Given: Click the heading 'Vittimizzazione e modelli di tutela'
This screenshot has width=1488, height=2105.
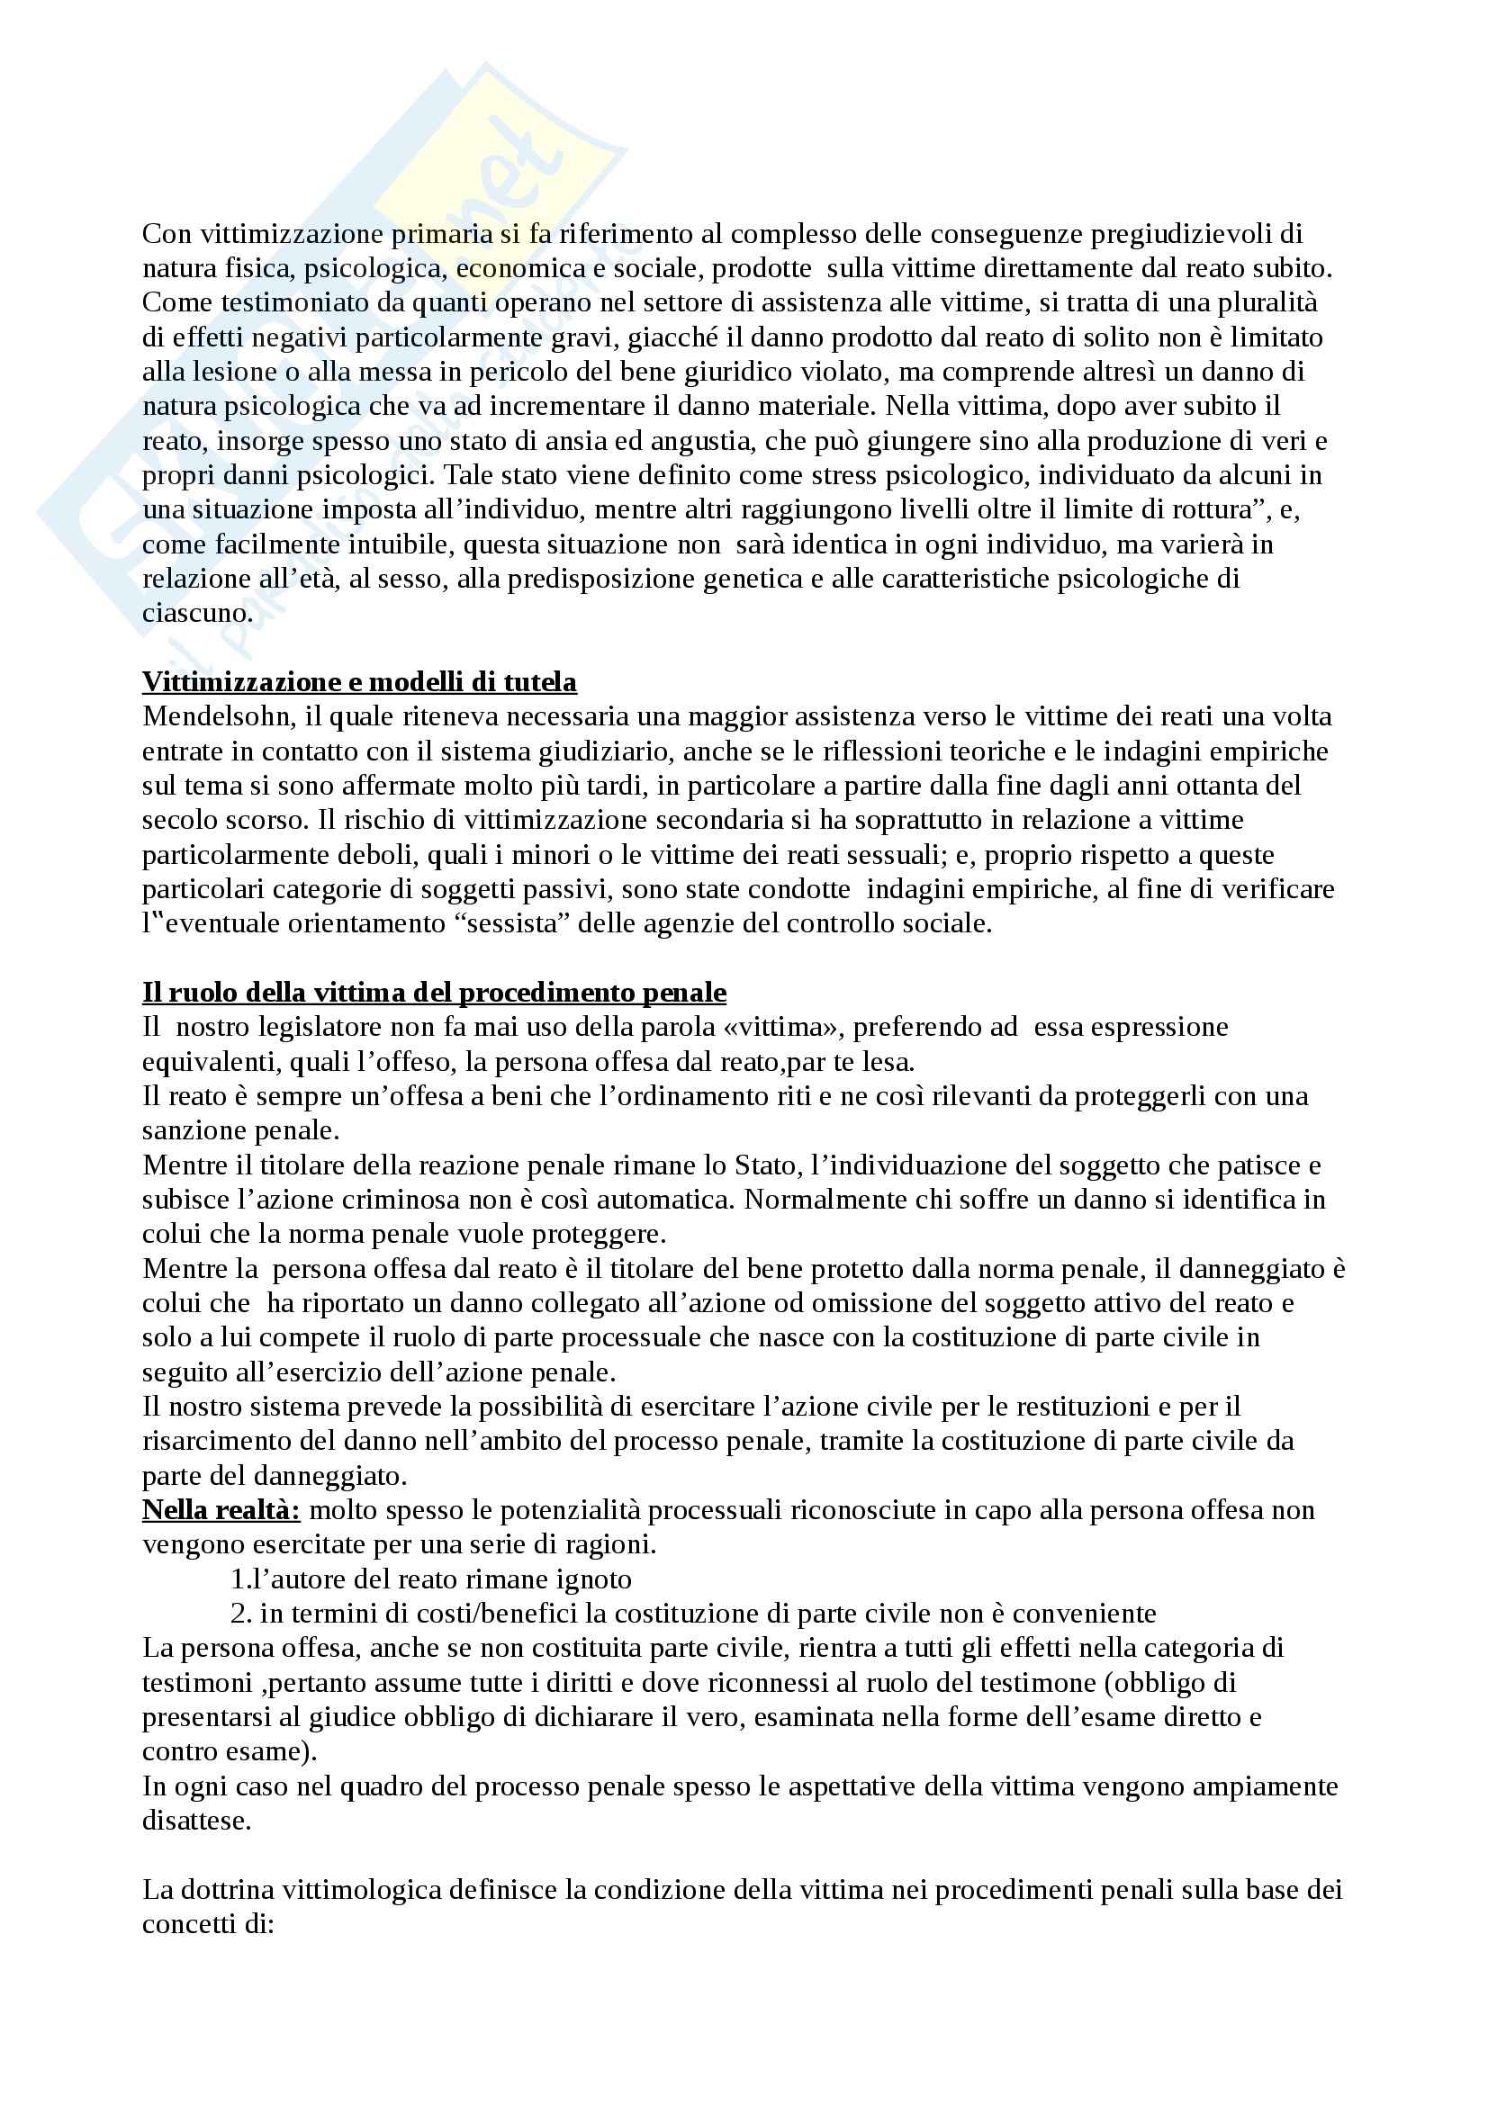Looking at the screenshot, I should tap(359, 682).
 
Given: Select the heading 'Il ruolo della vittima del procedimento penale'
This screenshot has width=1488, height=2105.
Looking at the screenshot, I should tap(434, 993).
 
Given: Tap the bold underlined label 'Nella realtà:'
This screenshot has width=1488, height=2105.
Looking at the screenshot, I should tap(221, 1510).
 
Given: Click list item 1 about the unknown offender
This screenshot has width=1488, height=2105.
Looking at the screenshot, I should tap(431, 1579).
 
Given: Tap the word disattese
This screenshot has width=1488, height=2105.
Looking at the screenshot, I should tap(196, 1821).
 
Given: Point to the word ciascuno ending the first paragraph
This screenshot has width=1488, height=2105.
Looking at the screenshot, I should tap(196, 614).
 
